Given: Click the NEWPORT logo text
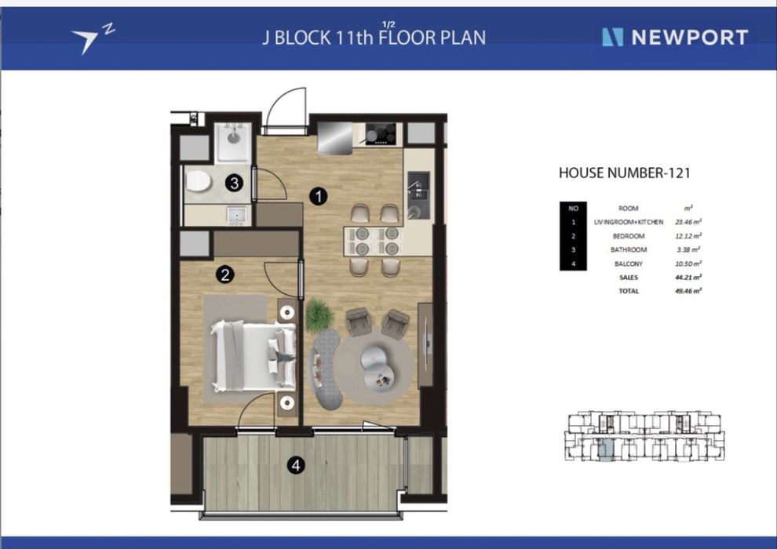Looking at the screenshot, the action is tap(689, 38).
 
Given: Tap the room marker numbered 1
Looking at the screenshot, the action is tap(318, 197).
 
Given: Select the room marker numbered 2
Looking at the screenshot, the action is tap(225, 274).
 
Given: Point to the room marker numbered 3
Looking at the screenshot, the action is tap(234, 184).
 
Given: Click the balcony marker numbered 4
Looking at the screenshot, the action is tap(296, 465).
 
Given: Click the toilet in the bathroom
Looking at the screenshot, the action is tap(198, 182).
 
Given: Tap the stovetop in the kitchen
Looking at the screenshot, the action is tap(381, 133).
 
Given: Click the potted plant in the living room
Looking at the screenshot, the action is tap(319, 314).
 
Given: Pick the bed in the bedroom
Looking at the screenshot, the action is tap(254, 355).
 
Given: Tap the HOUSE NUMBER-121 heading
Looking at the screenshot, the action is tap(625, 173).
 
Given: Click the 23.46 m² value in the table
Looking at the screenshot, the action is tap(688, 222).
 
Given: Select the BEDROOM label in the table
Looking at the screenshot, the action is tap(629, 236).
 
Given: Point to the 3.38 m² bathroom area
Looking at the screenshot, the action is tap(688, 250).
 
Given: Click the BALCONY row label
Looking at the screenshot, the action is tap(629, 264).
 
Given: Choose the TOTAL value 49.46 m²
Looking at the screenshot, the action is tap(688, 291).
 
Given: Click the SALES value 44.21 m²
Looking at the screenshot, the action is tap(688, 277).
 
